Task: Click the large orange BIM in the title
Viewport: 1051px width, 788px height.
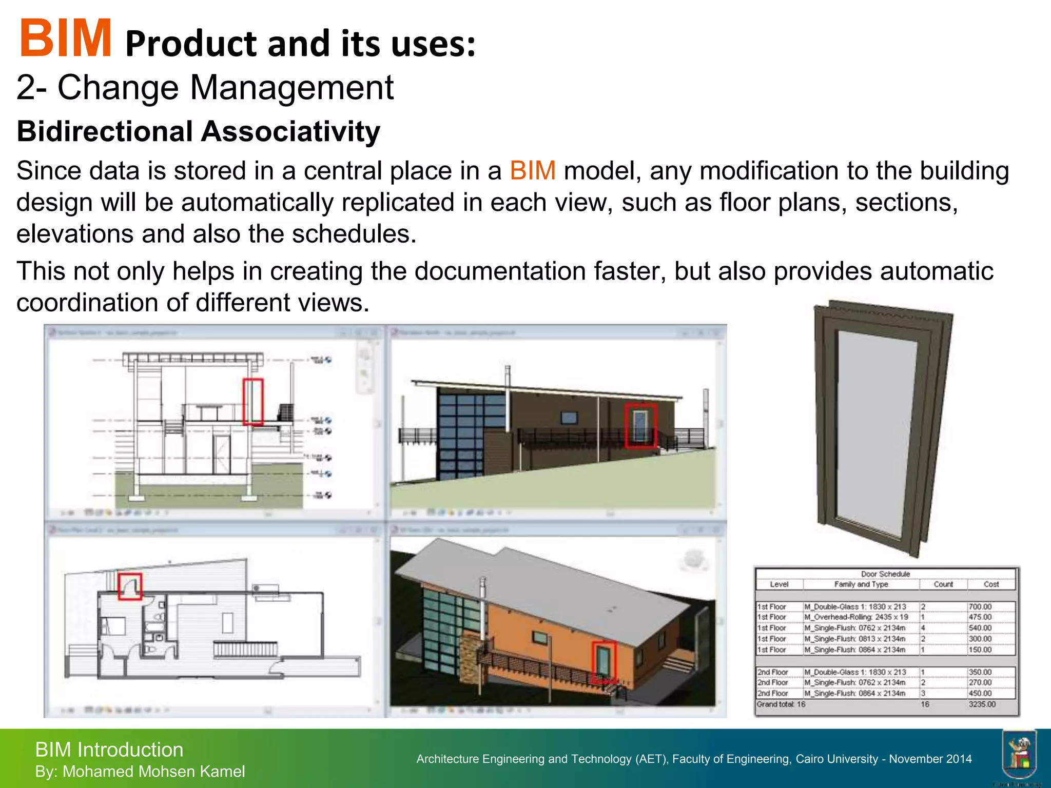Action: tap(65, 38)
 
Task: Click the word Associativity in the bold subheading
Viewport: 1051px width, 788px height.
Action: tap(290, 131)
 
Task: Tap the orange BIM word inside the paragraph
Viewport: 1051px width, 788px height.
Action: tap(533, 170)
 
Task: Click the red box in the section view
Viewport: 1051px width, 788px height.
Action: tap(253, 402)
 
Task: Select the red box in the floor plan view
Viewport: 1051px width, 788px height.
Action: tap(130, 586)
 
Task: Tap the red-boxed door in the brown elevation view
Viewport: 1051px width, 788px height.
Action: tap(640, 425)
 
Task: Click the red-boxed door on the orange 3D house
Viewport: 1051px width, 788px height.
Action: tap(604, 662)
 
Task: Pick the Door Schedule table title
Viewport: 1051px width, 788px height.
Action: tap(885, 574)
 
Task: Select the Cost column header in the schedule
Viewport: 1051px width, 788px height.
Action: tap(991, 584)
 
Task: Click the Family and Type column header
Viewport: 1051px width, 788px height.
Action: tap(861, 584)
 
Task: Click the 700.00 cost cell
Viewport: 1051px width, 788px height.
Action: tap(980, 606)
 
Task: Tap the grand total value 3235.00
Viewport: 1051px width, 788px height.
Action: tap(982, 704)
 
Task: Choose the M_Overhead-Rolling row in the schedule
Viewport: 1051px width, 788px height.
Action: tap(855, 617)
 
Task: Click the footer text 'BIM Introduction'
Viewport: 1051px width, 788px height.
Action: tap(109, 750)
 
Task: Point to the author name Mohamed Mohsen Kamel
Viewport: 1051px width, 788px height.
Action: tap(153, 772)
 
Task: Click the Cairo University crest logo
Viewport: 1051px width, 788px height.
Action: tap(1019, 755)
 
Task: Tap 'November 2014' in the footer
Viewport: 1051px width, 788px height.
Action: tap(930, 759)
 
